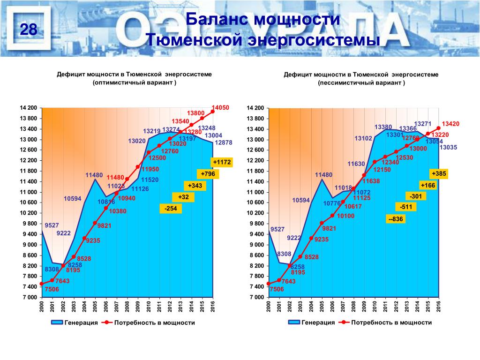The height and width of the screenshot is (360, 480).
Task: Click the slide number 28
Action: coord(29,30)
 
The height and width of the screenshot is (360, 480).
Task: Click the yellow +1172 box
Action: coord(222,162)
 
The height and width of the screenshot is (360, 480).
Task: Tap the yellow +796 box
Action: coord(208,174)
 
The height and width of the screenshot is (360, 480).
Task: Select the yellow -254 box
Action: coord(171,209)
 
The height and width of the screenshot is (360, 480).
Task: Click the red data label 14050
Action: coord(220,107)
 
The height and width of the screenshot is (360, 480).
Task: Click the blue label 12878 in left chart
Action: coord(223,142)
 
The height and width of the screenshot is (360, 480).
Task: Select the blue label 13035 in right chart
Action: coord(448,147)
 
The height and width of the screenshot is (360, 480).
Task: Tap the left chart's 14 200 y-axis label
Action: coord(28,108)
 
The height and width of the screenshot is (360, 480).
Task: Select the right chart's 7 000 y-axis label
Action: coord(256,298)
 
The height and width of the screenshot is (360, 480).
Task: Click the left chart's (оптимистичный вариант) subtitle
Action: coord(135,83)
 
